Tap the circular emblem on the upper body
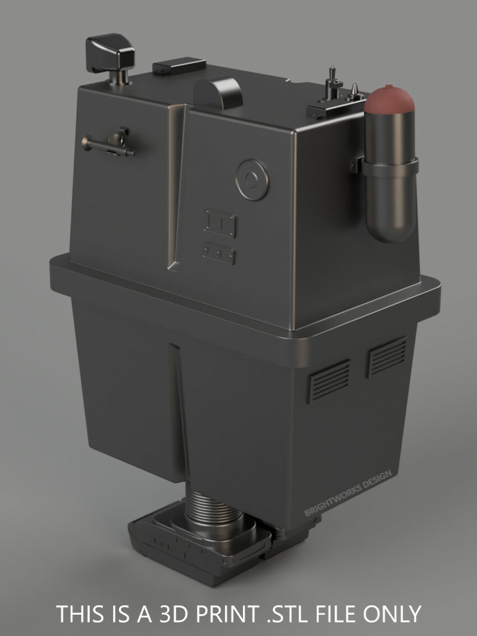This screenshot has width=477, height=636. [x=252, y=180]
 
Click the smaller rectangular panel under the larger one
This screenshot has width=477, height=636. [x=219, y=253]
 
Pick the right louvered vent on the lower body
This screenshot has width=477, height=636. [x=387, y=355]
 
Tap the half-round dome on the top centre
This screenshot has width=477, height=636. [x=218, y=91]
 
